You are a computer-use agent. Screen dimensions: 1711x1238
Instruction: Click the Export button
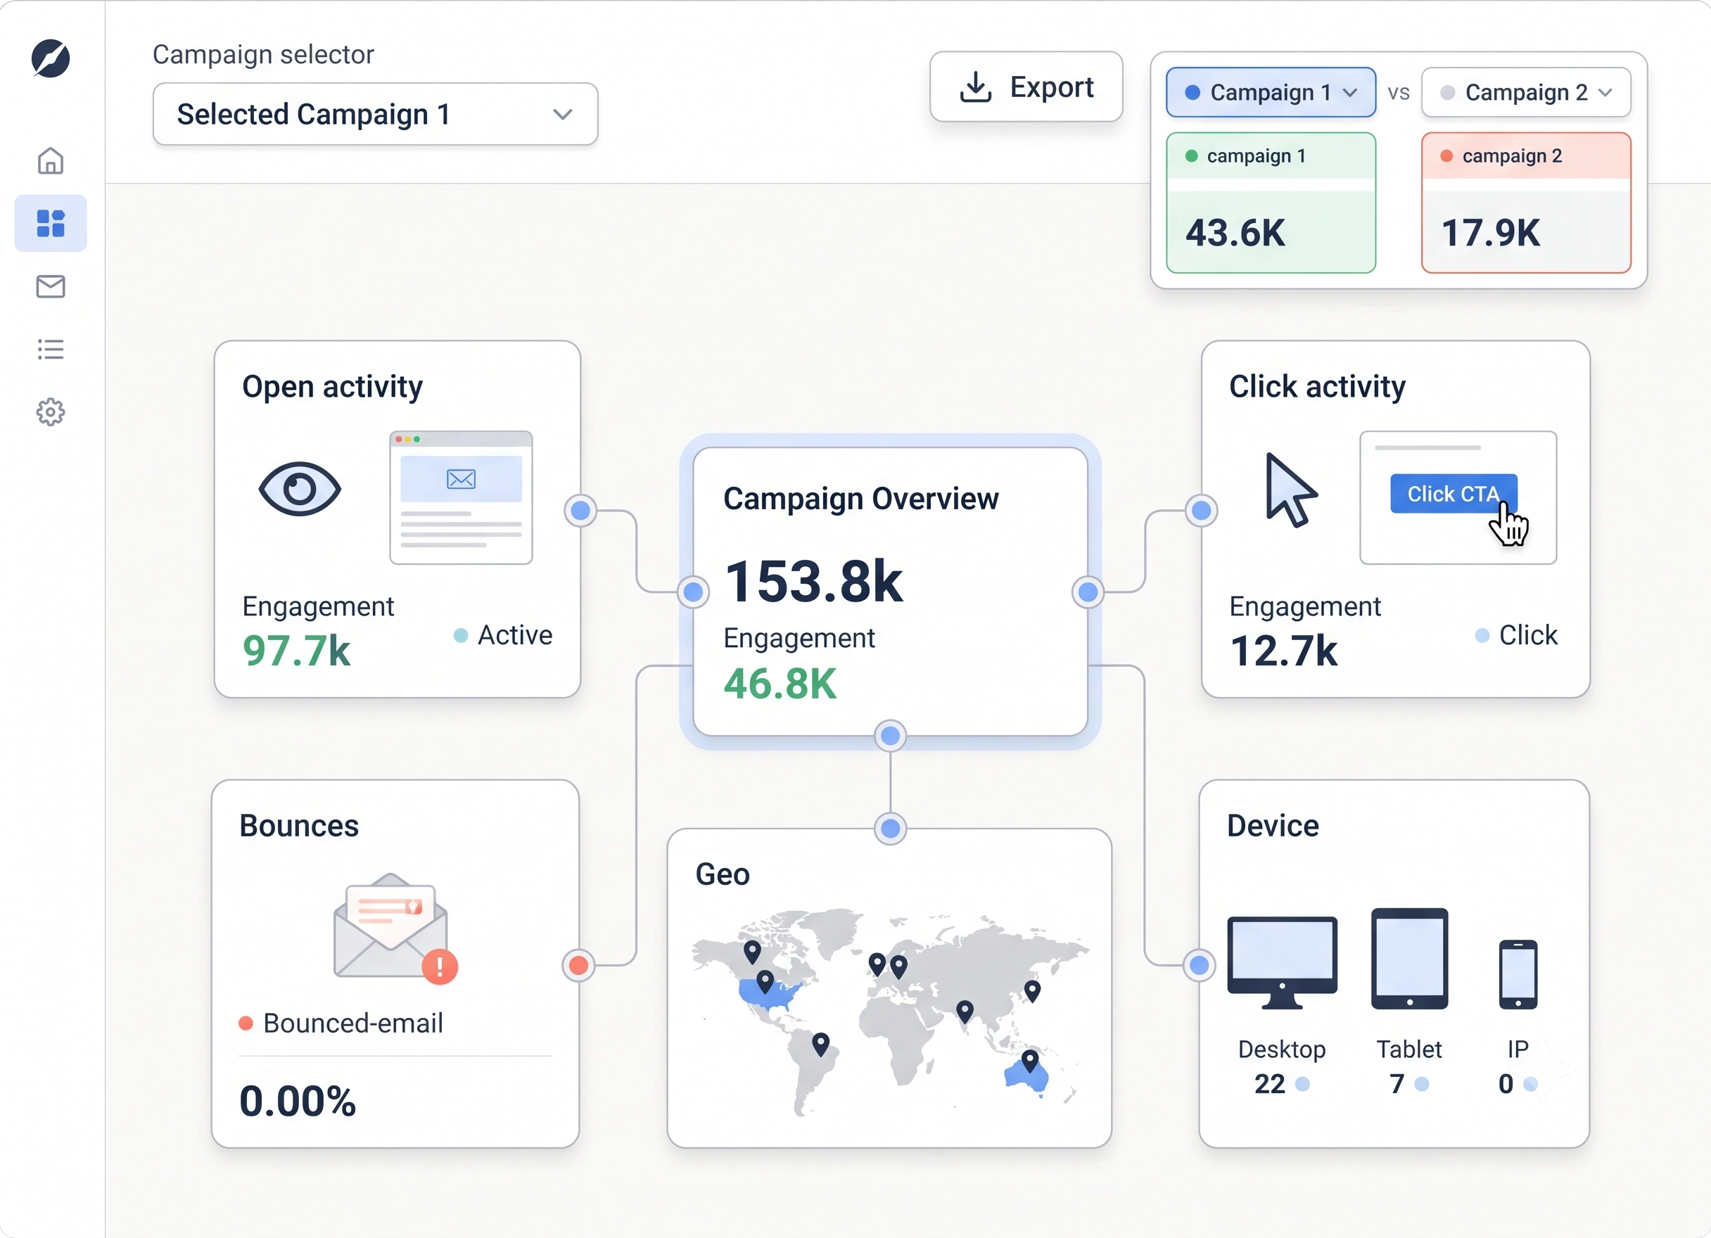click(x=1026, y=87)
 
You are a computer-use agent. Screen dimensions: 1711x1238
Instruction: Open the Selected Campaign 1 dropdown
click(x=375, y=114)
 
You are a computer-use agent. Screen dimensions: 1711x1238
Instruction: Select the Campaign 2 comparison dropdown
click(x=1525, y=92)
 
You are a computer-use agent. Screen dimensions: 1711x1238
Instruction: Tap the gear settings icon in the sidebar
click(x=51, y=412)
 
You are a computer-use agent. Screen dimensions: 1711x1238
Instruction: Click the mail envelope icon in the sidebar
click(x=51, y=287)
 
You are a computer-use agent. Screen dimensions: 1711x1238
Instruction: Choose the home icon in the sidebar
click(x=51, y=160)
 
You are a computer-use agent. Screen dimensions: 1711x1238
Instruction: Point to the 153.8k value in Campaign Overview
click(x=813, y=582)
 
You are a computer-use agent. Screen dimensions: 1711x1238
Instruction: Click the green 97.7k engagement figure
click(x=296, y=651)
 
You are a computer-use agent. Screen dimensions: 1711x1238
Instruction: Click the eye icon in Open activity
click(x=300, y=489)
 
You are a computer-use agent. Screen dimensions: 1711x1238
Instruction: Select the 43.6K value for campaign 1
click(x=1235, y=232)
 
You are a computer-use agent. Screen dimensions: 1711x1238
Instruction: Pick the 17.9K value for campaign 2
click(x=1490, y=232)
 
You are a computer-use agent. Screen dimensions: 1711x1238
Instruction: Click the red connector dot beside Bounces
click(x=578, y=965)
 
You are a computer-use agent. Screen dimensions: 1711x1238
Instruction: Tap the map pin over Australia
click(x=1030, y=1060)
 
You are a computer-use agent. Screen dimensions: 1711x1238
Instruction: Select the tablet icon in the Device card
click(x=1409, y=958)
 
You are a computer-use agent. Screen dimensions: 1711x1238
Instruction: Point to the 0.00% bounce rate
click(x=297, y=1101)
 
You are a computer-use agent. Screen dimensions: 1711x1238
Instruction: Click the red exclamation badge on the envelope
click(x=440, y=966)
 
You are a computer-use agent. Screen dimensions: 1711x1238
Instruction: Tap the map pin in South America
click(x=821, y=1044)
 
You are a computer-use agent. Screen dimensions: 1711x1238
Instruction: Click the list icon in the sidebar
click(x=51, y=350)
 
